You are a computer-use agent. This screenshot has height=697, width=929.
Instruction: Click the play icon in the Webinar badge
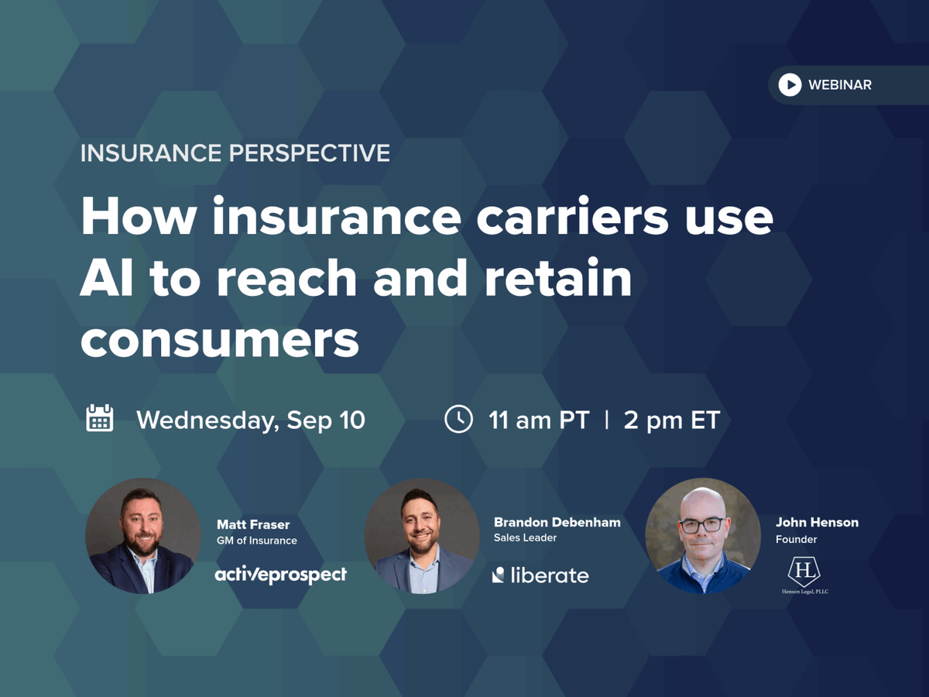tap(790, 84)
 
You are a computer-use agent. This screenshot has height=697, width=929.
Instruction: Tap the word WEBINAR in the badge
tap(840, 84)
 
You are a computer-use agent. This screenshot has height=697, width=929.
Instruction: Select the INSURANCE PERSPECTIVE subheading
tap(235, 153)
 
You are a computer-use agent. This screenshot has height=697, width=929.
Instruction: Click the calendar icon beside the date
tap(100, 419)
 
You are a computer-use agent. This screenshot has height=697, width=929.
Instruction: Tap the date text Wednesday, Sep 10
tap(251, 420)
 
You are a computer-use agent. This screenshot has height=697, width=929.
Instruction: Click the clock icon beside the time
tap(458, 419)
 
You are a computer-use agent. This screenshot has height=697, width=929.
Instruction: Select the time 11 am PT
tap(539, 420)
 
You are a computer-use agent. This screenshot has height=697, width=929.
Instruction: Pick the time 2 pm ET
tap(672, 420)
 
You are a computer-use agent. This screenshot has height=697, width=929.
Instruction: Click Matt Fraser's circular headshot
tap(143, 535)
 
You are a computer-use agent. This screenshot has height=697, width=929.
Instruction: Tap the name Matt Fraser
tap(254, 524)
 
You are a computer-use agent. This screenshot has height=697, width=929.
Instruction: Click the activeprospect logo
tap(280, 575)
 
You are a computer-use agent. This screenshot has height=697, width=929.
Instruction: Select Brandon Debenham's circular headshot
tap(422, 535)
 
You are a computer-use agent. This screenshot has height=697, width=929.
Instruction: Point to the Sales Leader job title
tap(526, 537)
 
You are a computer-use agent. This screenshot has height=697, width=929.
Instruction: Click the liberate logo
tap(540, 575)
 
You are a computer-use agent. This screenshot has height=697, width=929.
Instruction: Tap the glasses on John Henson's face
tap(702, 524)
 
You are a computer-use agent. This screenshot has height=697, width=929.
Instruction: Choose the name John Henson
tap(817, 523)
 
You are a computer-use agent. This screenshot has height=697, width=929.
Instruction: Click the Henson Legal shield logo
tap(804, 572)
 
